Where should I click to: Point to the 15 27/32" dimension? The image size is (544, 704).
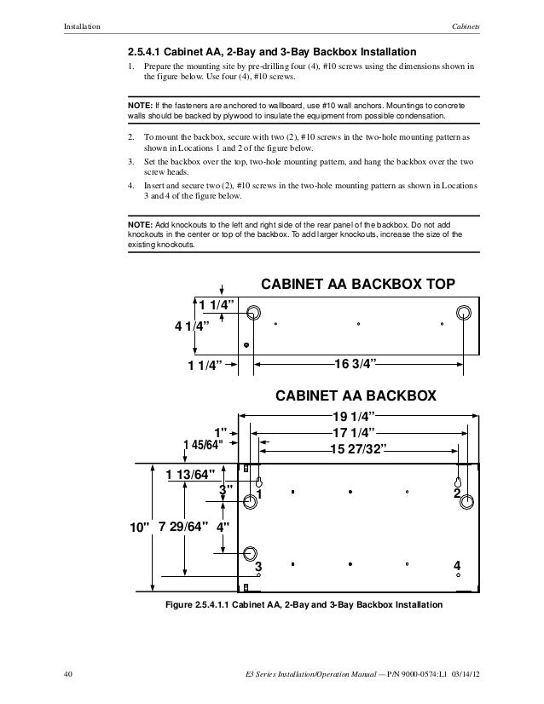[357, 450]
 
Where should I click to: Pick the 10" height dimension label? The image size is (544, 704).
[138, 528]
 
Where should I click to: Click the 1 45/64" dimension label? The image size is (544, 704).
[202, 445]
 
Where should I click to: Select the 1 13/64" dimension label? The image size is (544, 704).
[190, 476]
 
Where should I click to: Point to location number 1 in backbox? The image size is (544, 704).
[259, 493]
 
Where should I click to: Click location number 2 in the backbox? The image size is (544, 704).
[457, 493]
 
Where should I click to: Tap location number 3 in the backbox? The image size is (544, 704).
[258, 566]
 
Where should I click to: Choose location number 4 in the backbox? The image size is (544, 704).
[458, 566]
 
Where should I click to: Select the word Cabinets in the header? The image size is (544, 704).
[466, 26]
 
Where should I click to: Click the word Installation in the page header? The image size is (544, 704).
[82, 26]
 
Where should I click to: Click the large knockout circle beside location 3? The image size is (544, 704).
[250, 554]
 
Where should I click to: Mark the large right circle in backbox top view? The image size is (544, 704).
[464, 312]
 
